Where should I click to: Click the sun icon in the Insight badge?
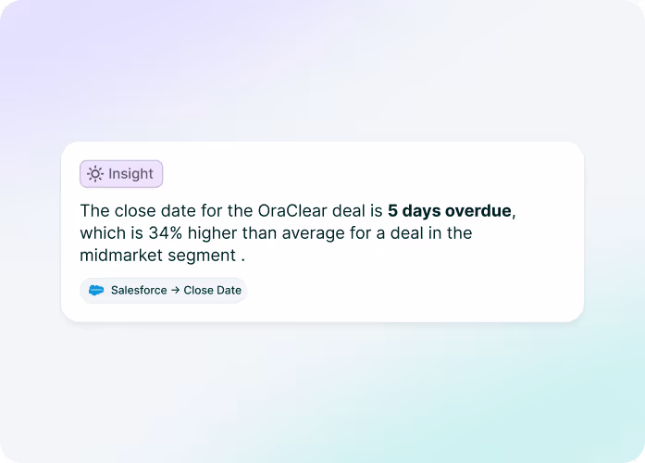coord(95,174)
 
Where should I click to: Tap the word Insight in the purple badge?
coord(130,174)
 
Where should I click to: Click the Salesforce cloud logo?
coord(96,290)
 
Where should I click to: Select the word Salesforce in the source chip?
coord(139,290)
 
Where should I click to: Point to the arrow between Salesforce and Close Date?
coord(176,290)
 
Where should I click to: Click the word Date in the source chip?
coord(228,290)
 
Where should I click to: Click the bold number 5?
coord(393,210)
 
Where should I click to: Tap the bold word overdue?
coord(478,210)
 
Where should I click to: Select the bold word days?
coord(422,210)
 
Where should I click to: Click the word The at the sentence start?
coord(93,210)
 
